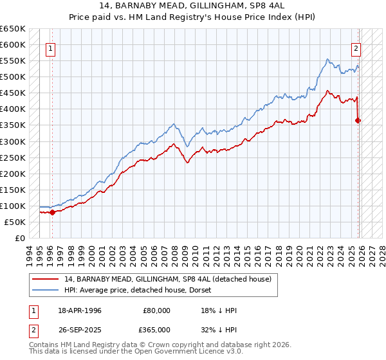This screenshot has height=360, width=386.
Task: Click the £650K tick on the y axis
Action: coord(13,29)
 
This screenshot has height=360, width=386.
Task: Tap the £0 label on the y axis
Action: coord(21,238)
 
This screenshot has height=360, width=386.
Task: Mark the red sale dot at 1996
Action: coord(53,213)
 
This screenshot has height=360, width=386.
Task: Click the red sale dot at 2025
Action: coord(358,120)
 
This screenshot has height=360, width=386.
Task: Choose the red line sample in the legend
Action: coord(46,279)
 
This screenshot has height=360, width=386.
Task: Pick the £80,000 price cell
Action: coord(156,310)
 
